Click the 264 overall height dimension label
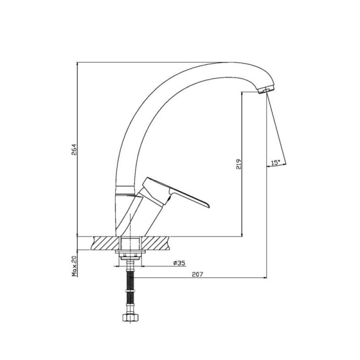pyautogui.click(x=74, y=150)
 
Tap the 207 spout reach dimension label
pyautogui.click(x=198, y=274)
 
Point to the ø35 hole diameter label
pyautogui.click(x=179, y=263)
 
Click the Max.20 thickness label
pyautogui.click(x=75, y=266)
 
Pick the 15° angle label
pyautogui.click(x=275, y=163)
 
